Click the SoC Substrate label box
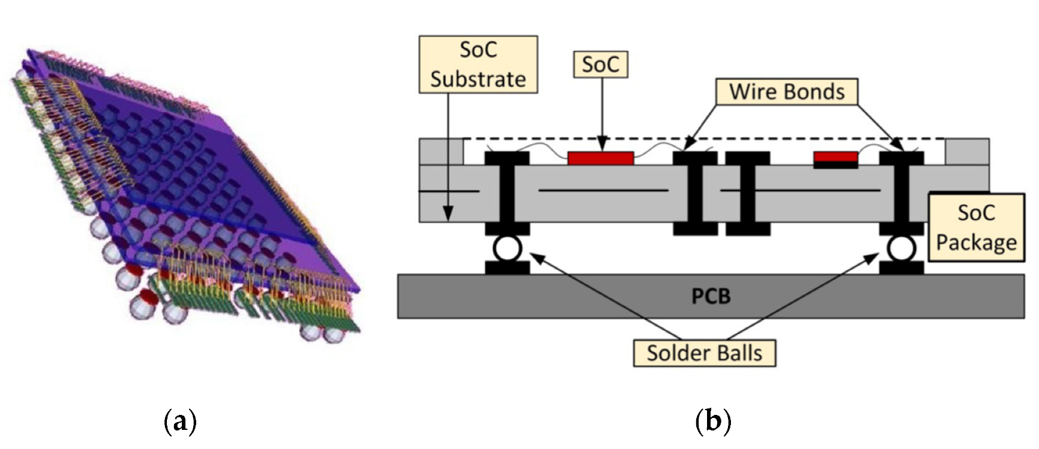(478, 64)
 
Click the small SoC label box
(600, 64)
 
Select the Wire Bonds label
(786, 91)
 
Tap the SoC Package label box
(976, 227)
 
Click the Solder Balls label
(704, 353)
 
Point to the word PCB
(711, 297)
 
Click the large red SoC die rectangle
(600, 158)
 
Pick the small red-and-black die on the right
(836, 159)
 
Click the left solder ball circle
(507, 248)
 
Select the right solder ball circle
(901, 248)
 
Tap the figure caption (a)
(179, 422)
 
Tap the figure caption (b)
(713, 422)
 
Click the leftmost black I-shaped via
(507, 193)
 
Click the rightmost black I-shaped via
(901, 193)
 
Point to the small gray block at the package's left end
(441, 152)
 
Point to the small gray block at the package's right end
(967, 152)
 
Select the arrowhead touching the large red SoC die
(602, 147)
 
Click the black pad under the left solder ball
(507, 268)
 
